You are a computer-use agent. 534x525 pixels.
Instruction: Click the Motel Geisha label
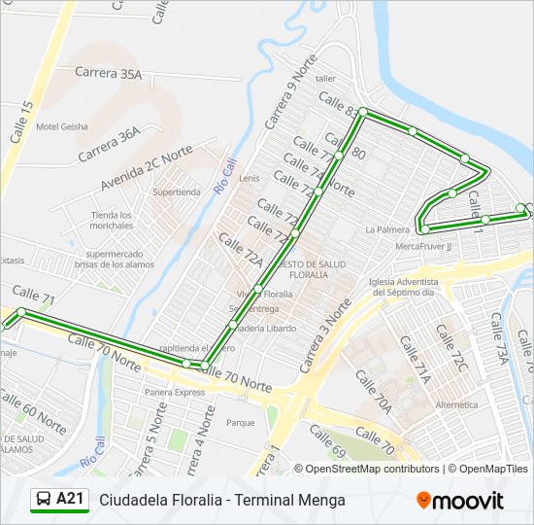coord(61,126)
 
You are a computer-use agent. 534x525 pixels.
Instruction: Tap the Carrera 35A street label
coord(109,73)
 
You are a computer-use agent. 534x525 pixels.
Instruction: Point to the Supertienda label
coord(177,192)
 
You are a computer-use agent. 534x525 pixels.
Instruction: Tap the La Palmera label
coord(387,230)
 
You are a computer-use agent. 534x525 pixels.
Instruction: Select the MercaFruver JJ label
coord(424,246)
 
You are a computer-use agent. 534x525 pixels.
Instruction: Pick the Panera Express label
coord(176,392)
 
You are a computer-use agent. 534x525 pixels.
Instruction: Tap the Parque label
coord(240,423)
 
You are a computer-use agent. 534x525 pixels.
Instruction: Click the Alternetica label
coord(457,404)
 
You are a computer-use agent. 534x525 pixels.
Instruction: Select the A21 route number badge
coord(71,500)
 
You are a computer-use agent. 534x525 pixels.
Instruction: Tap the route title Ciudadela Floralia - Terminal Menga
coord(222,501)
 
